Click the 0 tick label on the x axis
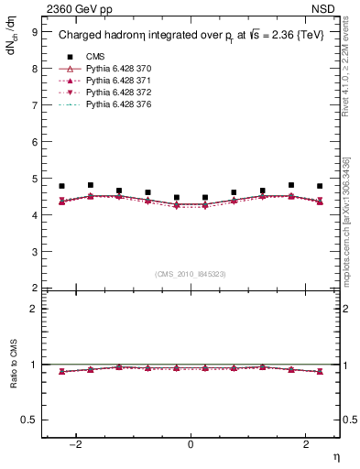pyautogui.click(x=191, y=444)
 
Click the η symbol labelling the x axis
pyautogui.click(x=337, y=457)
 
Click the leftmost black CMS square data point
pyautogui.click(x=62, y=186)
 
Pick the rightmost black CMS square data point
pyautogui.click(x=320, y=186)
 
